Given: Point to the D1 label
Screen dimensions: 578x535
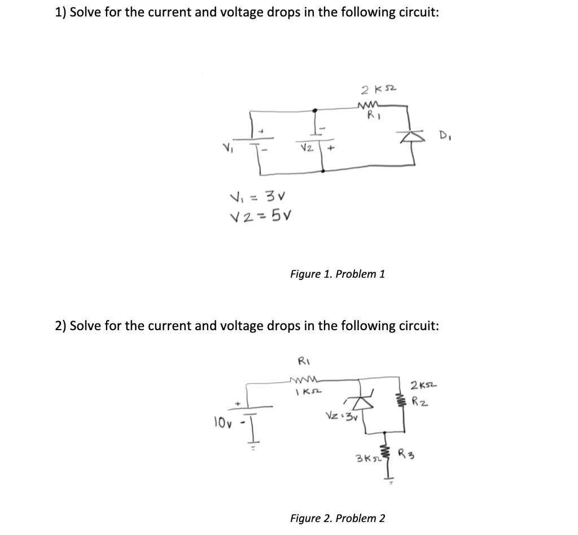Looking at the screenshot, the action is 444,136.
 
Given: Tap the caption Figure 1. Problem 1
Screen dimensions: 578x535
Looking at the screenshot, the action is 337,274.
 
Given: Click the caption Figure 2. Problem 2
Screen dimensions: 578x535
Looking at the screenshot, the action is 337,518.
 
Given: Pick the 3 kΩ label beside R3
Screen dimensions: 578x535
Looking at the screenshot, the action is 366,455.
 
